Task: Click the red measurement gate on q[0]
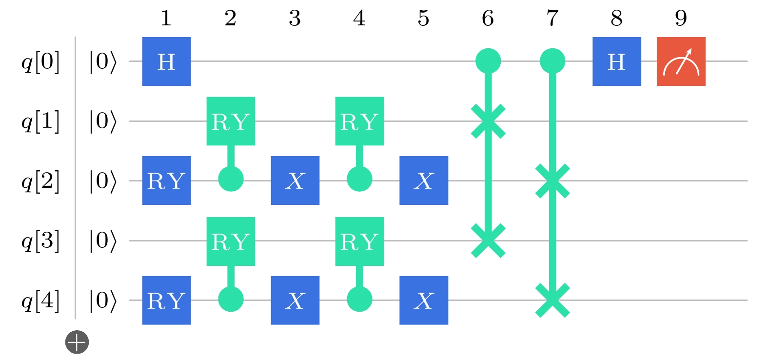pyautogui.click(x=681, y=61)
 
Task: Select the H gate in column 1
pyautogui.click(x=166, y=61)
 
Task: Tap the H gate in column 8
pyautogui.click(x=616, y=61)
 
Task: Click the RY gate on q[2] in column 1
pyautogui.click(x=166, y=180)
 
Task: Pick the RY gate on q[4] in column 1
pyautogui.click(x=166, y=300)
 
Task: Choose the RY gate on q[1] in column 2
pyautogui.click(x=231, y=121)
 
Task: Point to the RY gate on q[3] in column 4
pyautogui.click(x=359, y=241)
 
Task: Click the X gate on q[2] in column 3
pyautogui.click(x=295, y=180)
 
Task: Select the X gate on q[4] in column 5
pyautogui.click(x=423, y=300)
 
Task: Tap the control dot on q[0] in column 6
pyautogui.click(x=488, y=61)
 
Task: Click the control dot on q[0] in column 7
pyautogui.click(x=552, y=61)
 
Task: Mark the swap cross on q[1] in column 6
pyautogui.click(x=488, y=121)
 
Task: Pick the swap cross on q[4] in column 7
pyautogui.click(x=552, y=300)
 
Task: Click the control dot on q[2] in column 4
pyautogui.click(x=359, y=180)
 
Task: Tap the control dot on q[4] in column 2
pyautogui.click(x=231, y=299)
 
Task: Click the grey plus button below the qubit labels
pyautogui.click(x=77, y=342)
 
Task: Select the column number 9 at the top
pyautogui.click(x=681, y=18)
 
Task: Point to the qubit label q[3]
pyautogui.click(x=40, y=241)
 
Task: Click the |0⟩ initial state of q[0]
pyautogui.click(x=102, y=62)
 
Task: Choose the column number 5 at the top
pyautogui.click(x=423, y=18)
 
